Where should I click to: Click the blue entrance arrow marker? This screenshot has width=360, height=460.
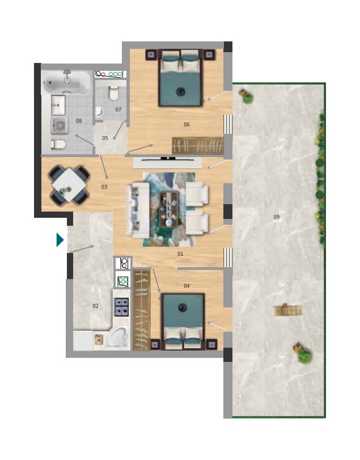pos(60,240)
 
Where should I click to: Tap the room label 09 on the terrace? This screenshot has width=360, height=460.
pos(277,217)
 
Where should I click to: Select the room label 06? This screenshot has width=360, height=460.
pos(187,125)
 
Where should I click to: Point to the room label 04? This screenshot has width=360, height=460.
pos(187,286)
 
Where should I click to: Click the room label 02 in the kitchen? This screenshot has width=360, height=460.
pos(96,306)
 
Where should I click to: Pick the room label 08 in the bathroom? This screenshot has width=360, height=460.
pos(79,121)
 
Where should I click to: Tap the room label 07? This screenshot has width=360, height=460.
pos(118,109)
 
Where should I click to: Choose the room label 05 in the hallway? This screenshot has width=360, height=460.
pos(105,138)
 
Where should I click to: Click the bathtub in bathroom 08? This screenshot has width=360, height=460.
pos(67,82)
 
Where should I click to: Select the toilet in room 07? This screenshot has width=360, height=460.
pos(113,93)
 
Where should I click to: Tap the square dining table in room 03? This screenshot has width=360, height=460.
pos(69,185)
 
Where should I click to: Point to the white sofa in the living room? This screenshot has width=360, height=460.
pos(138,210)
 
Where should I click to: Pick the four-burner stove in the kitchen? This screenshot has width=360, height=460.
pos(121,307)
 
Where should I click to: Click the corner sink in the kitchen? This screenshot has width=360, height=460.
pos(117,337)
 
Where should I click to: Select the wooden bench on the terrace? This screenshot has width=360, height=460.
pos(288,310)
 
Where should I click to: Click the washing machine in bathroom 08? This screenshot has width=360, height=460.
pos(60,125)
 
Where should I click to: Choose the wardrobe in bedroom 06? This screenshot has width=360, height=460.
pos(198,145)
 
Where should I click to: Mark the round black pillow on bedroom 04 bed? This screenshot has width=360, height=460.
pos(183,307)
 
